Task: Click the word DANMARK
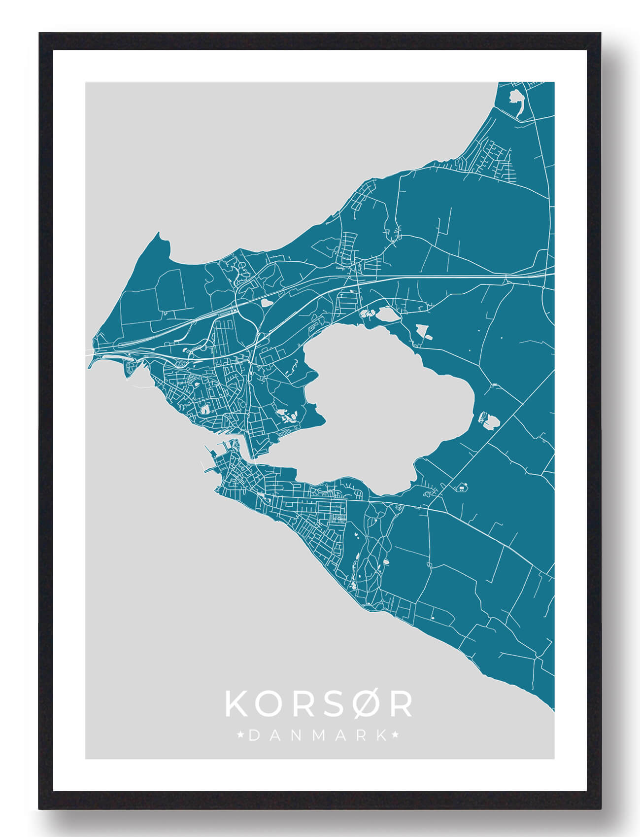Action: pos(318,735)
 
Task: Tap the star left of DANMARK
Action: pos(240,735)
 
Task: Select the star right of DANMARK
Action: pos(396,735)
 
